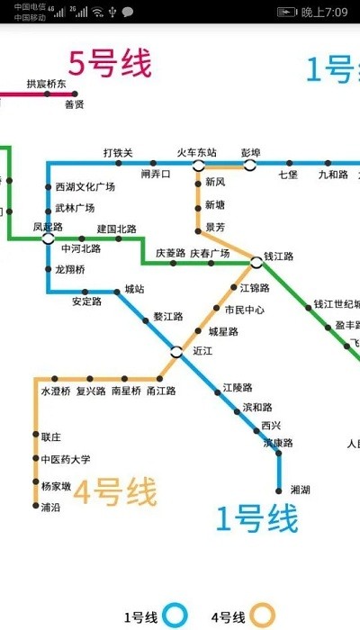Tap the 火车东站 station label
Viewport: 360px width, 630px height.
click(196, 152)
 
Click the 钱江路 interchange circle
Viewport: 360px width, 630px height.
click(256, 263)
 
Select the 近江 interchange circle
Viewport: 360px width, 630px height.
click(176, 351)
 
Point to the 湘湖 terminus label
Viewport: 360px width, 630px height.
click(301, 490)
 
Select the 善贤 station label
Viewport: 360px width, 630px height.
click(74, 104)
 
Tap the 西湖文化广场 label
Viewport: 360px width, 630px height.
click(85, 187)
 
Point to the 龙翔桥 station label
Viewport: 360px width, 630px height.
click(69, 269)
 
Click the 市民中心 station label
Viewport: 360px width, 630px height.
click(244, 310)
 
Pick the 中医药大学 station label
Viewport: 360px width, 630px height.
click(66, 459)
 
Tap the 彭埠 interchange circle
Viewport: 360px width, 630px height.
click(249, 166)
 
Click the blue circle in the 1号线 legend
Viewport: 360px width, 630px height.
click(175, 616)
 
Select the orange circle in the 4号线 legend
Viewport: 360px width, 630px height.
click(262, 616)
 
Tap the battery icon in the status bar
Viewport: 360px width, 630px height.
click(286, 12)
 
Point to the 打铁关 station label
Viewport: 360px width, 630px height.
click(117, 152)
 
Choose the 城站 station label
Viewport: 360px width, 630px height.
click(134, 289)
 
